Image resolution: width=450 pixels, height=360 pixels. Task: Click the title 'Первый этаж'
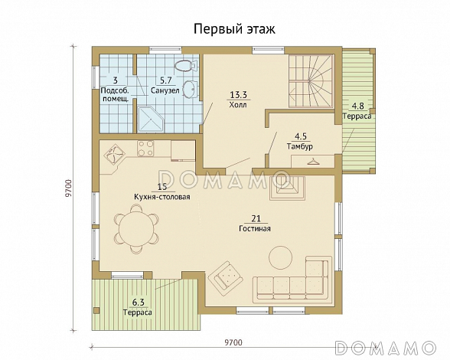point(234,29)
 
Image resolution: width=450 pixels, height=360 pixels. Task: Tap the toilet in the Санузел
point(185,66)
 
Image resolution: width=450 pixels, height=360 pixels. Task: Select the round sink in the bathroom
point(190,88)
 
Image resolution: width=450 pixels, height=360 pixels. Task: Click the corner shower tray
point(151,119)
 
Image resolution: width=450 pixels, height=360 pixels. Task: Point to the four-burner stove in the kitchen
point(145,149)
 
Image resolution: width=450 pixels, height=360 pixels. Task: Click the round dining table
point(136,229)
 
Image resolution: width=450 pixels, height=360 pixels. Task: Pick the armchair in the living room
point(227,277)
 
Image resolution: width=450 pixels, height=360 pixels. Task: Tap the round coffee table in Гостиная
point(280,257)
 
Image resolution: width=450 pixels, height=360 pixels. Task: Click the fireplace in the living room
point(287,188)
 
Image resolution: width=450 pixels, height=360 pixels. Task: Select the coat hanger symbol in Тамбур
point(313,162)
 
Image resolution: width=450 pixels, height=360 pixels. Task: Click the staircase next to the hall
point(311,81)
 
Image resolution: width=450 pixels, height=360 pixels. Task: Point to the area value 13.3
point(239,94)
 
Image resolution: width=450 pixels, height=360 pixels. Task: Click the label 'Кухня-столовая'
point(162,197)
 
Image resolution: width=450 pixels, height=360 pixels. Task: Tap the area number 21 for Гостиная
point(256,218)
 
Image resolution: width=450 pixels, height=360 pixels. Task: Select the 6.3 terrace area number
point(138,303)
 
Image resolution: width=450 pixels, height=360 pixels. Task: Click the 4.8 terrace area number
point(358,106)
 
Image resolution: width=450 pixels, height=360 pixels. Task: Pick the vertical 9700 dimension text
point(68,188)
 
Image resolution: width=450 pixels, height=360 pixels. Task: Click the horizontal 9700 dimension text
point(233,342)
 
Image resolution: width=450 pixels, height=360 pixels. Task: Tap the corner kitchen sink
point(113,153)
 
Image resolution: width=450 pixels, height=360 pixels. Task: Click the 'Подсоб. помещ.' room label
point(115,95)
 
